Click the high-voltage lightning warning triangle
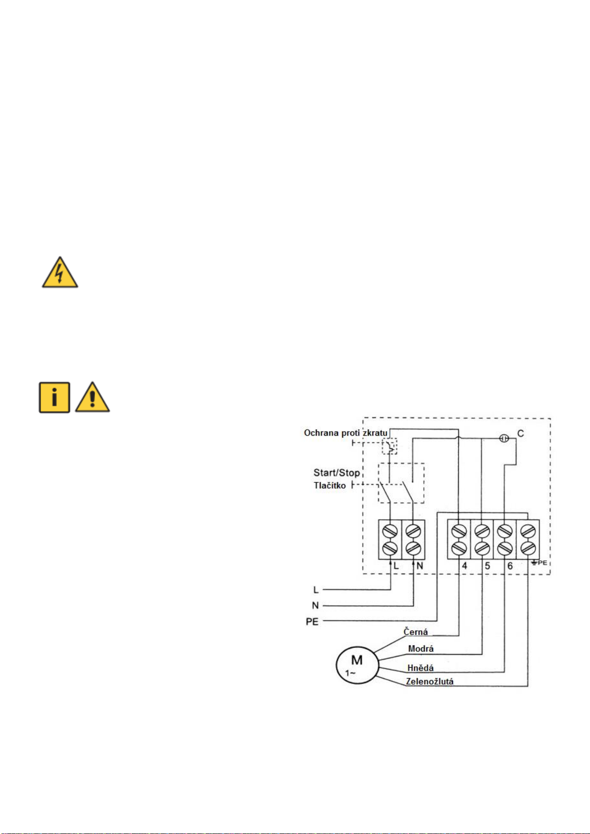click(x=60, y=273)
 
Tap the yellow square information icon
click(x=54, y=397)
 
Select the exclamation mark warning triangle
click(x=93, y=397)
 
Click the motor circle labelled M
click(x=357, y=665)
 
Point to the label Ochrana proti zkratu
click(x=345, y=433)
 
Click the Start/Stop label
click(x=337, y=473)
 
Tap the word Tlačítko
click(x=330, y=486)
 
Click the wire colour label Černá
click(x=416, y=632)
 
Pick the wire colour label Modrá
click(x=421, y=649)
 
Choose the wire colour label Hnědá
click(x=420, y=668)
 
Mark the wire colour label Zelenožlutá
click(x=430, y=682)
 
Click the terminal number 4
click(x=464, y=566)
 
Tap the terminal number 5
click(x=488, y=566)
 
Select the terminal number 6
click(x=510, y=566)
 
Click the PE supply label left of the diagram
click(x=312, y=622)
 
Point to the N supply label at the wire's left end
click(x=315, y=606)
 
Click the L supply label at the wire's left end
click(x=316, y=590)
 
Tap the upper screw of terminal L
click(x=390, y=532)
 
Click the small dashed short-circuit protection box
click(x=390, y=446)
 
